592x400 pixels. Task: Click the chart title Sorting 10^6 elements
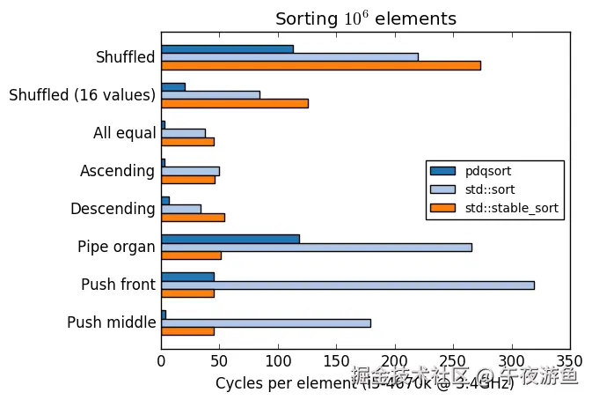tap(365, 19)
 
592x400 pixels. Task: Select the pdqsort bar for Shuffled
tap(227, 48)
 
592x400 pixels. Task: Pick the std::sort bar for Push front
tap(347, 285)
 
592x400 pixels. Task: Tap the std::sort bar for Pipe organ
tap(316, 247)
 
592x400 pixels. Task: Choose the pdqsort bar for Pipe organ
tap(230, 238)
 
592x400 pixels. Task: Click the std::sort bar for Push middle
tap(266, 322)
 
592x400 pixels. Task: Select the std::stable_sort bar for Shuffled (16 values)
tap(234, 103)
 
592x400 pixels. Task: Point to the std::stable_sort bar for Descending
tap(193, 217)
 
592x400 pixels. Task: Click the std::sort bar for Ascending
tap(190, 170)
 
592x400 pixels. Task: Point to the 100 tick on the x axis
tap(278, 360)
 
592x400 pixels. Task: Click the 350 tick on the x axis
tap(570, 360)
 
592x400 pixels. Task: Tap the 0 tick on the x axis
tap(161, 360)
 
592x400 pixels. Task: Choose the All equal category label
tap(124, 134)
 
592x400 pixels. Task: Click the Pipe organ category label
tap(116, 247)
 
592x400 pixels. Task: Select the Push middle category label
tap(111, 322)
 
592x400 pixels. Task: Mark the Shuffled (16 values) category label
tap(82, 95)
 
